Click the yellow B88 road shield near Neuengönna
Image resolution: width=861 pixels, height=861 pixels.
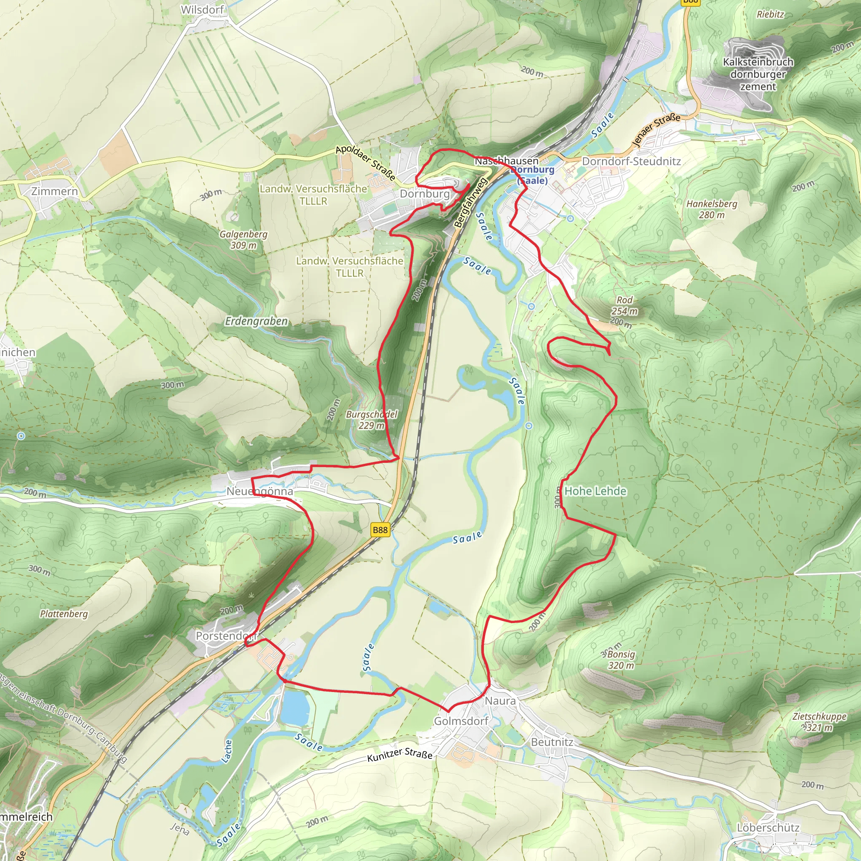tap(380, 530)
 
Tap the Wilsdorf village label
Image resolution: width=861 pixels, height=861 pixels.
tap(202, 10)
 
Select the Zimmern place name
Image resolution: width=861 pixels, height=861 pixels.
tap(54, 191)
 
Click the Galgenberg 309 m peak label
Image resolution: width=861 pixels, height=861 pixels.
tap(243, 239)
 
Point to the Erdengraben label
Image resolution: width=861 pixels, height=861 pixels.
tap(256, 321)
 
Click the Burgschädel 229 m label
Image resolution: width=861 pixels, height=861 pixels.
tap(371, 419)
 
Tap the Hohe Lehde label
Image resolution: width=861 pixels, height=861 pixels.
tap(595, 491)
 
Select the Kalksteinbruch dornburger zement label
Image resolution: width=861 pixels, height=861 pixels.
tap(758, 74)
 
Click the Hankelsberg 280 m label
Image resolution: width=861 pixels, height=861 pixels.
tap(712, 209)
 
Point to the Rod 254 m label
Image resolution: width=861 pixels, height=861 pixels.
tap(624, 305)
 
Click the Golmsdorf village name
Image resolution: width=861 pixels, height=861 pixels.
tap(461, 721)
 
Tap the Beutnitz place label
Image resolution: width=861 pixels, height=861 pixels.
tap(552, 742)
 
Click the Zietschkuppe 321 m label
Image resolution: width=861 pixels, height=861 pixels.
tap(819, 721)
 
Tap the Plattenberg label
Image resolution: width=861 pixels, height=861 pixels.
tap(64, 614)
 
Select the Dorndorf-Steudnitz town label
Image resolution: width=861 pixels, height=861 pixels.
tap(631, 161)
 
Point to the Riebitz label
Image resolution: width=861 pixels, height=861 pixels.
tap(770, 14)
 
